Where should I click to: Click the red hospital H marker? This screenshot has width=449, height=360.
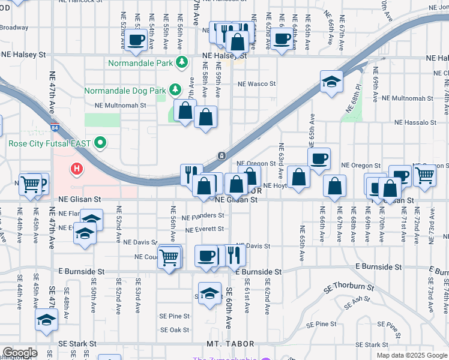76,169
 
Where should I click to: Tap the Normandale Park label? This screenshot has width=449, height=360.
140,62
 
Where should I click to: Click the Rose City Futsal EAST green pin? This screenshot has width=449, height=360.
101,143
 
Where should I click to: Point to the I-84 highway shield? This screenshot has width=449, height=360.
55,127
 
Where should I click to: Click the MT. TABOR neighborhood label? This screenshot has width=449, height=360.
231,344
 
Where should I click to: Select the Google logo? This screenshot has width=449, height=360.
20,353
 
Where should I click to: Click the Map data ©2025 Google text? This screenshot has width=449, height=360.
411,355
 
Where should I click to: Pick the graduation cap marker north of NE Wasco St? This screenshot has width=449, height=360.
331,81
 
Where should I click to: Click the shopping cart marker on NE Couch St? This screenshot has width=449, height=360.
169,257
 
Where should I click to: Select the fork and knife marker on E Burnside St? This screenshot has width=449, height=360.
234,256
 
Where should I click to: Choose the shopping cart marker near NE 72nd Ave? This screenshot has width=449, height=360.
424,175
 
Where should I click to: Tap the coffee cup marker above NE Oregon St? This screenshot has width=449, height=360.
319,158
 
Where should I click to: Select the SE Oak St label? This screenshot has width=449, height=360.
175,330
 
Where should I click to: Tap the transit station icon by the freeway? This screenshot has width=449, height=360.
222,155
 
